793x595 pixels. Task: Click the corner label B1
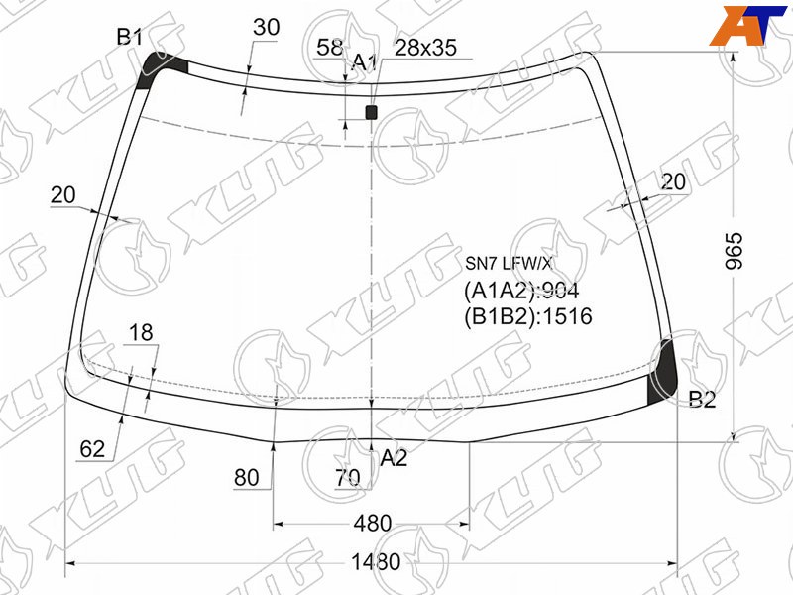click(130, 37)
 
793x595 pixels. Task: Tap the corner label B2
click(703, 400)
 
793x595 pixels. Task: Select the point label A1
click(364, 62)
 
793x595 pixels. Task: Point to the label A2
click(394, 458)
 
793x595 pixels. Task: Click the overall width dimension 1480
click(376, 562)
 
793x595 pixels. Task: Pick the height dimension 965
click(734, 251)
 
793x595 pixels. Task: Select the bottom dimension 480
click(373, 524)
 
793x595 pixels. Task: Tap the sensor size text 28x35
click(425, 48)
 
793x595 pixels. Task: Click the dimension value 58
click(329, 47)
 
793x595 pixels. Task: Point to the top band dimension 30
click(266, 27)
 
